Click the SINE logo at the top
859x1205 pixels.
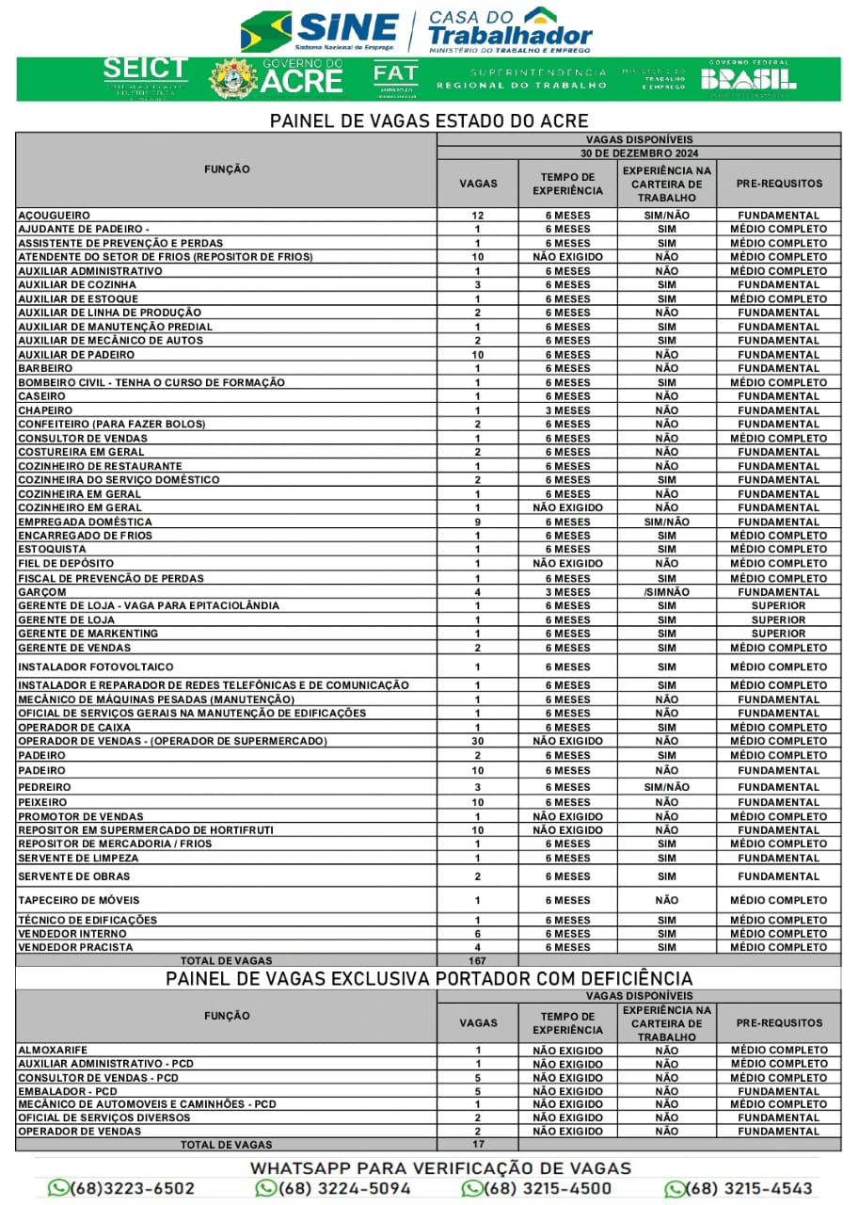(x=320, y=30)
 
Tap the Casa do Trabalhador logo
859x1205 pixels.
(x=509, y=30)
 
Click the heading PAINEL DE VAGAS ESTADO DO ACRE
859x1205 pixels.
(x=429, y=120)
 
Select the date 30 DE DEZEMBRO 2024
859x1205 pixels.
(x=639, y=153)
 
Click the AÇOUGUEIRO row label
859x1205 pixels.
(x=54, y=216)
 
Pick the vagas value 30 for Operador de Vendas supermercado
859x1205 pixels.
(x=478, y=741)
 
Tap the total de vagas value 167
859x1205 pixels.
(x=478, y=960)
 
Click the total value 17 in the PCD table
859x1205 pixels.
(x=478, y=1144)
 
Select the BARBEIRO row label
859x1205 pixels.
(x=45, y=368)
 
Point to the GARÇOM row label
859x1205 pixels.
(x=42, y=592)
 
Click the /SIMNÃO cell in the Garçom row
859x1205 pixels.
(x=667, y=592)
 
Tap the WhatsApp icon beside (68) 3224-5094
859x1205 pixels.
(x=266, y=1188)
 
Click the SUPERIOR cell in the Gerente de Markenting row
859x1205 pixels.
(x=778, y=634)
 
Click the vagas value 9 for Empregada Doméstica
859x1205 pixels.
(x=478, y=522)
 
